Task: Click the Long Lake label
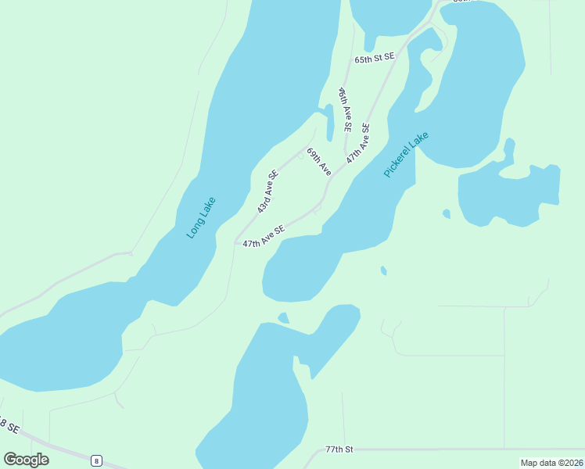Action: click(x=201, y=217)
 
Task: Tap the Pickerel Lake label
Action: click(x=407, y=154)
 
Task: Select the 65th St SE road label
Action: click(x=375, y=59)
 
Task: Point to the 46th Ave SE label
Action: click(x=344, y=109)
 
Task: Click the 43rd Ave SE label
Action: click(x=268, y=192)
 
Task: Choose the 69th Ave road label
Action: click(x=319, y=162)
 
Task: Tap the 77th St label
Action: click(x=339, y=449)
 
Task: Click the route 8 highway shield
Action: click(x=95, y=460)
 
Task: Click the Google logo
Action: click(x=26, y=460)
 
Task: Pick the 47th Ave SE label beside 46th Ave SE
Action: click(x=358, y=142)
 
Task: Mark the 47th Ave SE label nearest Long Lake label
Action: click(x=263, y=237)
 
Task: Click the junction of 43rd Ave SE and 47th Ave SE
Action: click(x=235, y=242)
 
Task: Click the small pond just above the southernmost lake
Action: click(x=283, y=317)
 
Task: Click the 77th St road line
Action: click(x=469, y=449)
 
